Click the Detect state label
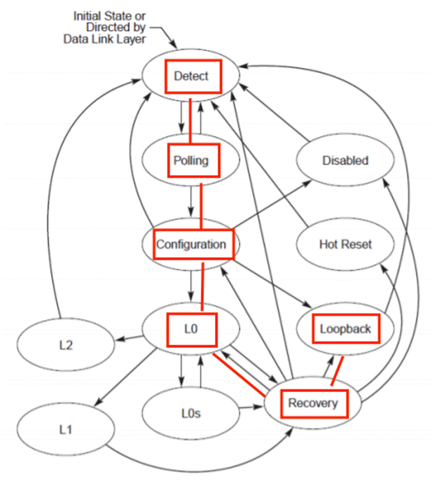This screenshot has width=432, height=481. [x=192, y=76]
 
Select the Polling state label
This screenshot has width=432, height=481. [x=191, y=160]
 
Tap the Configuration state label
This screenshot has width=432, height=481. [x=191, y=244]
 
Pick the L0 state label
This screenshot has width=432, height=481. [x=192, y=328]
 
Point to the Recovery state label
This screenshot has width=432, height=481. [x=312, y=403]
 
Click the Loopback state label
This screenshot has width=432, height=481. [x=345, y=328]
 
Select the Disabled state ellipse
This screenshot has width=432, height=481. [x=345, y=160]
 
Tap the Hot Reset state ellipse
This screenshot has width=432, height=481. [x=345, y=244]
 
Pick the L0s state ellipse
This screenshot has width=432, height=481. [x=191, y=413]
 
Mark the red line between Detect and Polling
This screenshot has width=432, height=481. [x=191, y=118]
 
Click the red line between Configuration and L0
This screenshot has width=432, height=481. [x=202, y=287]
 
